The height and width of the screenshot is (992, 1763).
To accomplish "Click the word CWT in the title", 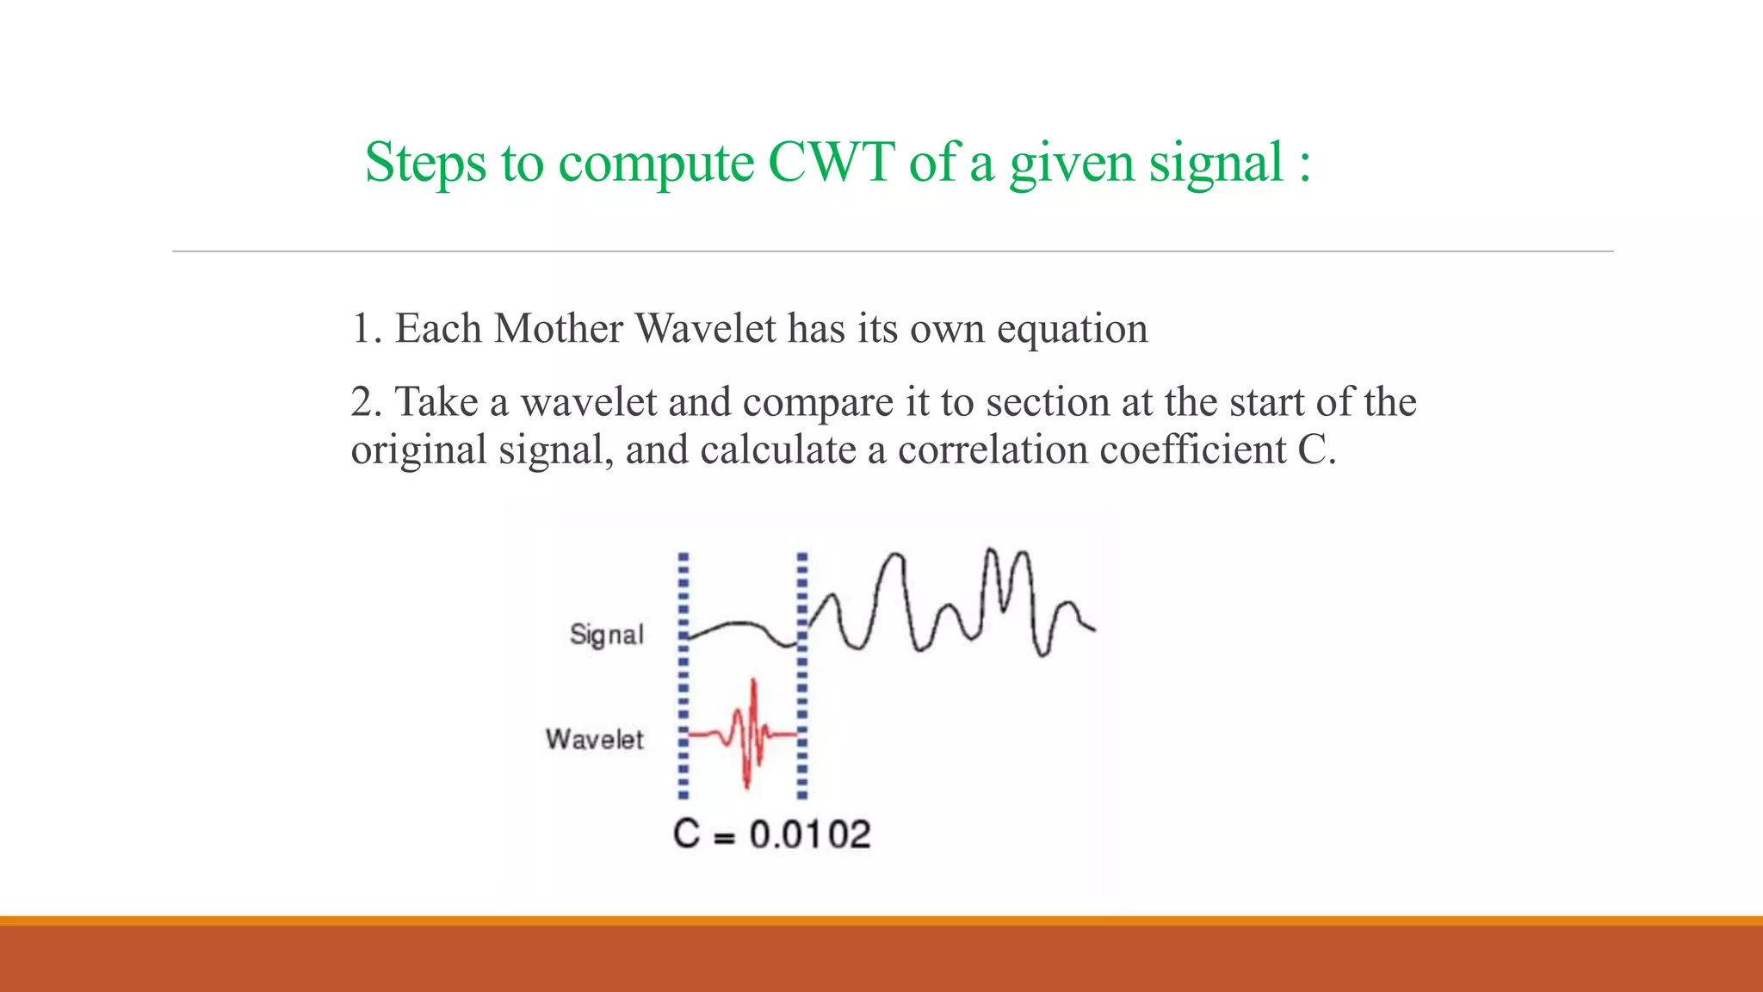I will click(831, 162).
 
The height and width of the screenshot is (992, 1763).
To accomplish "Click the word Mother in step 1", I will click(559, 329).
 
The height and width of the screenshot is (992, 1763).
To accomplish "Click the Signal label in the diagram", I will click(606, 635).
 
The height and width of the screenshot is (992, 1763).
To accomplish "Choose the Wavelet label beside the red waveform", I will click(594, 740).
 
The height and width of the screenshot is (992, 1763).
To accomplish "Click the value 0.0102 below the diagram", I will click(809, 834).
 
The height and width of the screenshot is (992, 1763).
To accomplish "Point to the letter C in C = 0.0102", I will click(686, 834).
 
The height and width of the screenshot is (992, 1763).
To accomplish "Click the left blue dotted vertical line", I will click(684, 676).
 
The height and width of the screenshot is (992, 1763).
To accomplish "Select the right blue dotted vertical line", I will click(802, 676).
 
